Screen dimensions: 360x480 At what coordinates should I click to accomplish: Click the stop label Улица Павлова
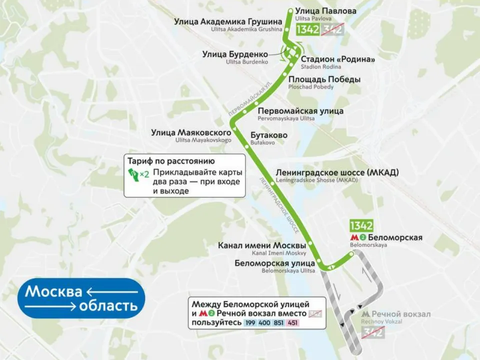[325, 11]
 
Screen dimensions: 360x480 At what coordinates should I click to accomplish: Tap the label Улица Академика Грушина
[228, 22]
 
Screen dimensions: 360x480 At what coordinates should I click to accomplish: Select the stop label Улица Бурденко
[235, 54]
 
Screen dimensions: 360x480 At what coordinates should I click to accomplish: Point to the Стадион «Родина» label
[338, 59]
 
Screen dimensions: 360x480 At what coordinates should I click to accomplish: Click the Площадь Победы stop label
[324, 79]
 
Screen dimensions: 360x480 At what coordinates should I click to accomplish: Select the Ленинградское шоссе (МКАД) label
[337, 172]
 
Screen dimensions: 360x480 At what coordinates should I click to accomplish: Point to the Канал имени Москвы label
[262, 246]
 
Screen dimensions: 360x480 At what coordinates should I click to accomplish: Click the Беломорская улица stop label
[275, 263]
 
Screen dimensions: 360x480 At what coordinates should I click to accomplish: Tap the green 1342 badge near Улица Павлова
[307, 29]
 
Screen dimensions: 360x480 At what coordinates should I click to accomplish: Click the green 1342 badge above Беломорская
[361, 225]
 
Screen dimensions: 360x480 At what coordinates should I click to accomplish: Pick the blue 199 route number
[250, 323]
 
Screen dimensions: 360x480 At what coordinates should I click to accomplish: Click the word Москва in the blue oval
[53, 291]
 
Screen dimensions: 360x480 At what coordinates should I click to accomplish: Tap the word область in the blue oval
[108, 305]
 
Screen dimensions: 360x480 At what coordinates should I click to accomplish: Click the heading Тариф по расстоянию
[171, 161]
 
